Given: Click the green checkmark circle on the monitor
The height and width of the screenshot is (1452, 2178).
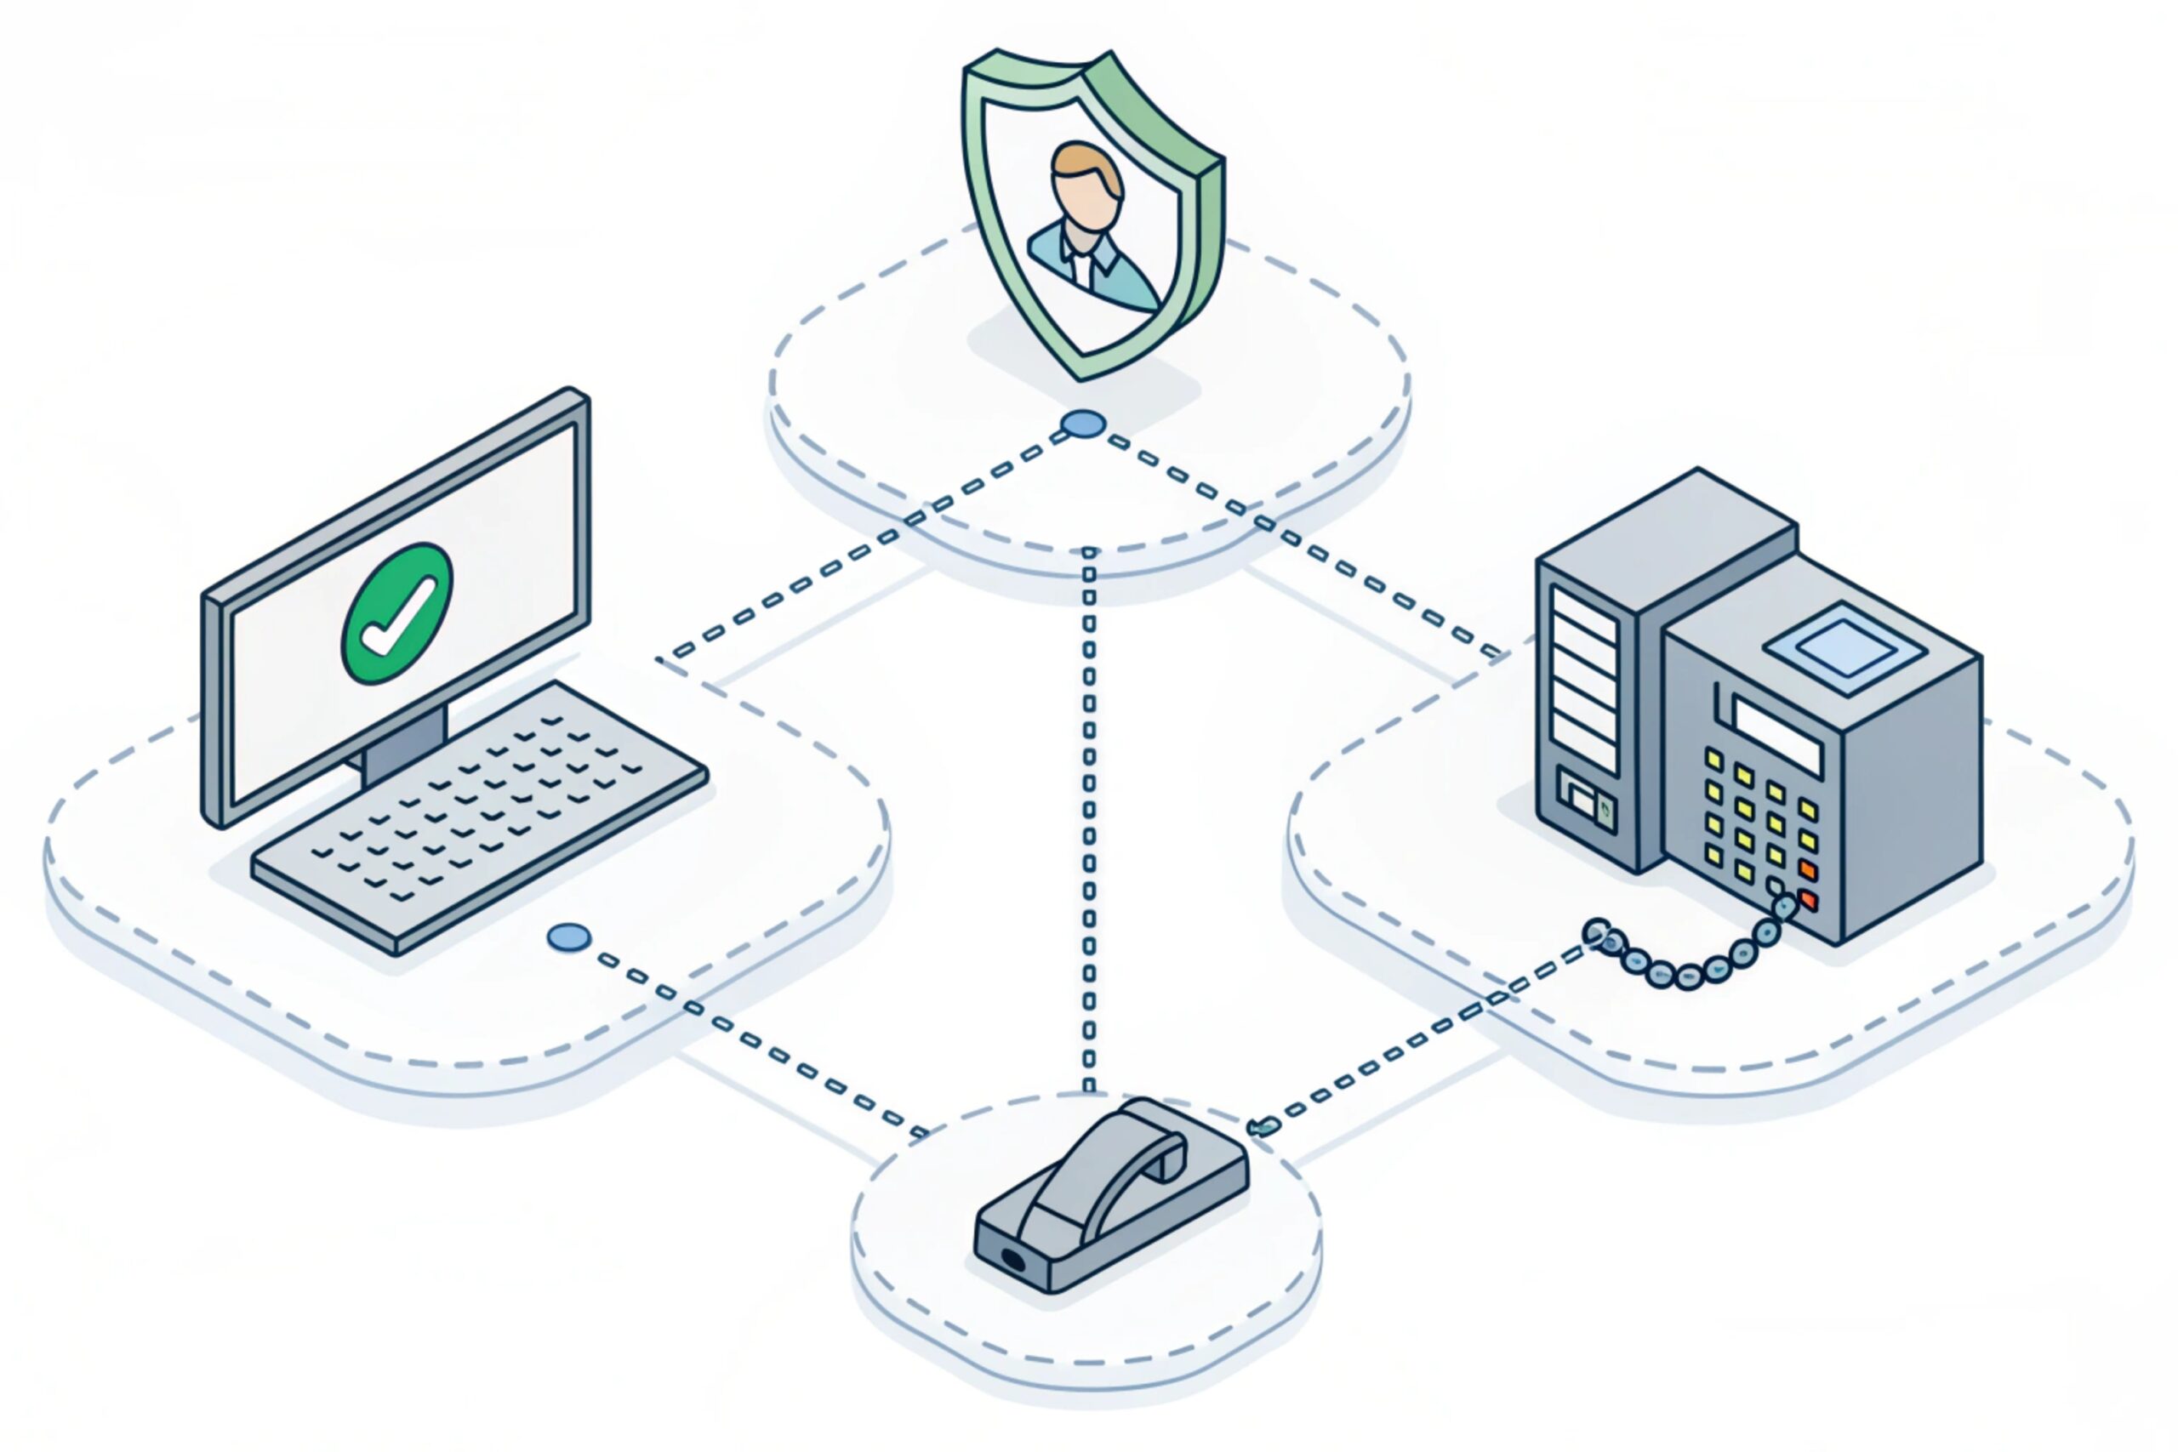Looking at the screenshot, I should [397, 613].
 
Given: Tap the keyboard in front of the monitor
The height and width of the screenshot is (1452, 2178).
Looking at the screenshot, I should [480, 815].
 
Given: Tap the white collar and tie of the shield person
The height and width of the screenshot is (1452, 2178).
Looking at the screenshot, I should [1080, 263].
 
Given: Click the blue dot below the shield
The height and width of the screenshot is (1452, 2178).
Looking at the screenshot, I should [1082, 424].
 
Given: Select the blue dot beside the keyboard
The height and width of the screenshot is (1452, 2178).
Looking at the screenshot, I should [568, 937].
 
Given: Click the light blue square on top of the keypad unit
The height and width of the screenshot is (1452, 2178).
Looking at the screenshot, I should [1843, 647].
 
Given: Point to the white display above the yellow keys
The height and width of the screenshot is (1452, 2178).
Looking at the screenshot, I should [1776, 736].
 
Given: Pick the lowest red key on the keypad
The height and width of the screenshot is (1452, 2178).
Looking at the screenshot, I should [1807, 900].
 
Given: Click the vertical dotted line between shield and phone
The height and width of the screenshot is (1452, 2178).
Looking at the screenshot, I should [1089, 815].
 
